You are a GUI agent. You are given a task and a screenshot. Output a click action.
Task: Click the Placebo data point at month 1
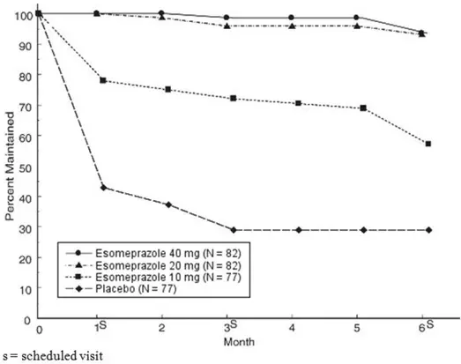(103, 187)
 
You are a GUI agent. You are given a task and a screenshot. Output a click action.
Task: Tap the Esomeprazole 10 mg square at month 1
(103, 80)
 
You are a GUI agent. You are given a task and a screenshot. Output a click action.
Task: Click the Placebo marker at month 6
(428, 230)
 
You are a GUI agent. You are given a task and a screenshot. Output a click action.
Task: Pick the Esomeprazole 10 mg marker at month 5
(363, 108)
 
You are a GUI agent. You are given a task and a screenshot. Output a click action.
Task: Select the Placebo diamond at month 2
(167, 204)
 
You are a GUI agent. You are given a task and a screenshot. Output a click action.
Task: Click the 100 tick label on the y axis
(21, 15)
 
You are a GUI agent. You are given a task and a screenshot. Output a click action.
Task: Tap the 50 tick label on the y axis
(24, 167)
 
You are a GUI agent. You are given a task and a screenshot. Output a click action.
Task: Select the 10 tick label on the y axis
(24, 288)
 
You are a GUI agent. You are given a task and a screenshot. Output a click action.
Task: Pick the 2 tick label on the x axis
(167, 327)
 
